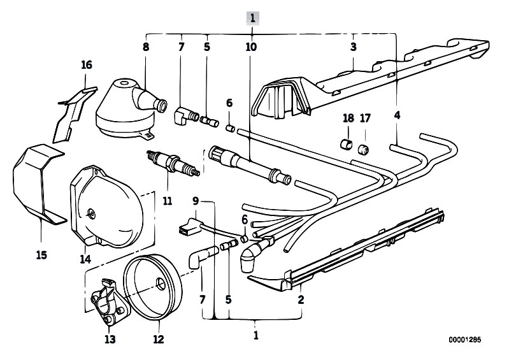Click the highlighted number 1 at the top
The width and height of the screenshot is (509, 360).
coord(253,18)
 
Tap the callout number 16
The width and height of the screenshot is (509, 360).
coord(87,65)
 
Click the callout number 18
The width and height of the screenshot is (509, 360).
coord(348,118)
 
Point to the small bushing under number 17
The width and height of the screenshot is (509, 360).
coord(364,149)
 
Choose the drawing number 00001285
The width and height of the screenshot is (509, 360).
coord(465,340)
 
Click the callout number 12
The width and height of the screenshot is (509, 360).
coord(159,339)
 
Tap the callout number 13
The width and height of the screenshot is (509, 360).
coord(110,339)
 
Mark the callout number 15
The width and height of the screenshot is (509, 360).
coord(41,255)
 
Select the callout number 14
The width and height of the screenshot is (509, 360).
coord(86,259)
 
